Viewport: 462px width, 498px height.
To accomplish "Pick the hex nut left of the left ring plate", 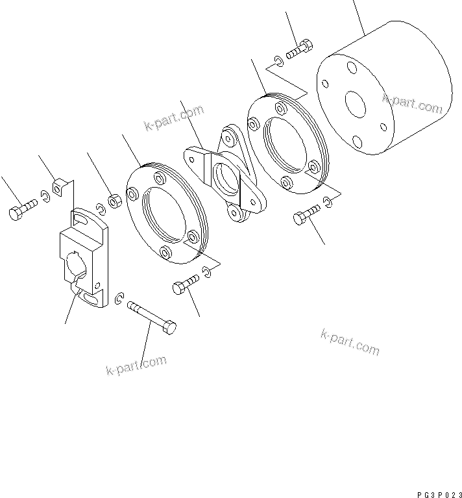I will click(x=115, y=202).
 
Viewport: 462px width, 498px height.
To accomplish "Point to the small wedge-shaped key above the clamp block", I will click(x=60, y=188).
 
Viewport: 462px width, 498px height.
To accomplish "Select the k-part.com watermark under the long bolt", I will click(x=136, y=366).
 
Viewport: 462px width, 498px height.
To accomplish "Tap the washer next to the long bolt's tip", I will click(x=119, y=299).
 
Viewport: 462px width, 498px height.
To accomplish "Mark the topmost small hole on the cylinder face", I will click(x=351, y=67).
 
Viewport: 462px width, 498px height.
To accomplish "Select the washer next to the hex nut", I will click(x=101, y=208).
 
